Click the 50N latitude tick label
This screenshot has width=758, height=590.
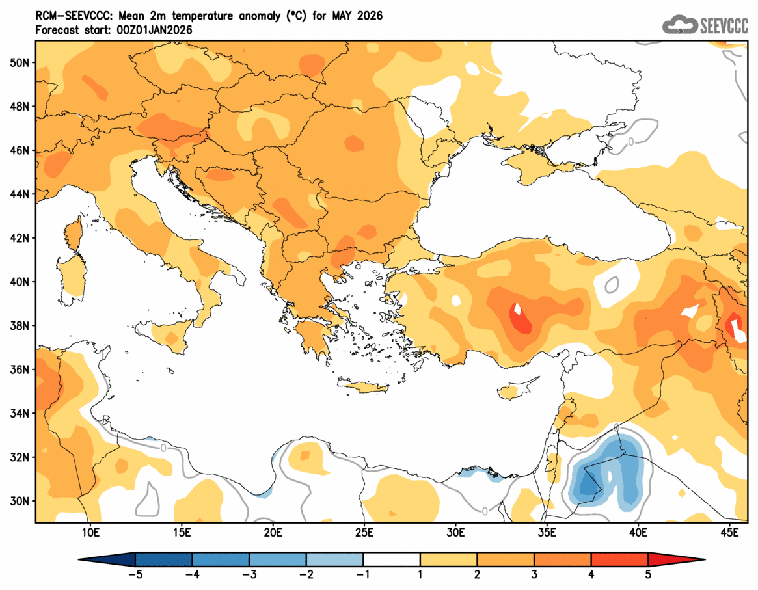(21, 62)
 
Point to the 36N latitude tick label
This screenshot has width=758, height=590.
(21, 369)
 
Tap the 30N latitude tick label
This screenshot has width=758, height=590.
(21, 501)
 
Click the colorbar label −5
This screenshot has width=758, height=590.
(135, 574)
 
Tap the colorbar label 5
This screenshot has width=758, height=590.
(648, 574)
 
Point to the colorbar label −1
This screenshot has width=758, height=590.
(363, 574)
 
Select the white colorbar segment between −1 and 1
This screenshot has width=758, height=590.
(392, 559)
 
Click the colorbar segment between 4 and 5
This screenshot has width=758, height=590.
(619, 559)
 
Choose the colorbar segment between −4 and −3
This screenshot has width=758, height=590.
(221, 559)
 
